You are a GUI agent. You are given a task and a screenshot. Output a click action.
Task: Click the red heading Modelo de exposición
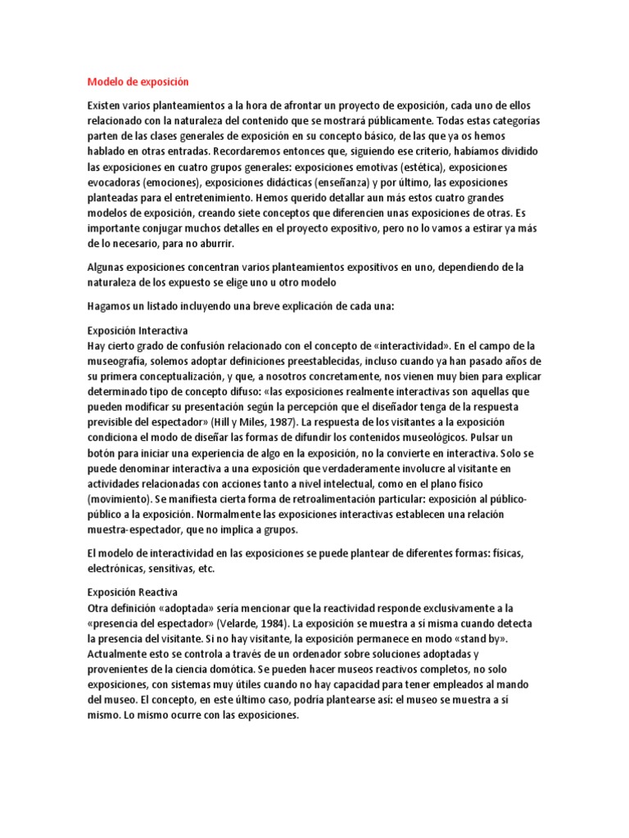pyautogui.click(x=138, y=82)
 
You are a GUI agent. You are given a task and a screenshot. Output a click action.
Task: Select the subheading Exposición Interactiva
pyautogui.click(x=138, y=331)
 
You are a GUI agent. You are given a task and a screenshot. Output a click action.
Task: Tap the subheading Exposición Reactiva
pyautogui.click(x=133, y=592)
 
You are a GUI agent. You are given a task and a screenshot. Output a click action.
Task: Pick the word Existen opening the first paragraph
pyautogui.click(x=106, y=106)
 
